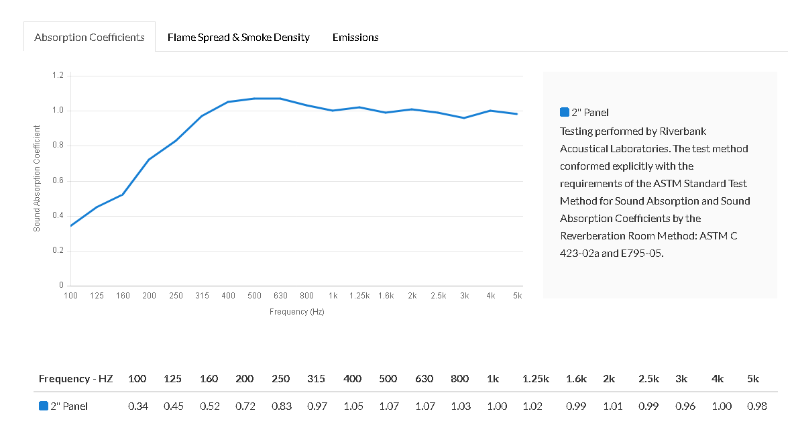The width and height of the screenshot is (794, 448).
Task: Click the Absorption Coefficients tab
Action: (x=89, y=37)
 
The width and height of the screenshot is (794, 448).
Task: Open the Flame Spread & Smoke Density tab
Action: (x=239, y=37)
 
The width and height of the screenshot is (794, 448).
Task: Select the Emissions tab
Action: (x=355, y=37)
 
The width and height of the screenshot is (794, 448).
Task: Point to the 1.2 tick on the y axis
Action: (x=58, y=76)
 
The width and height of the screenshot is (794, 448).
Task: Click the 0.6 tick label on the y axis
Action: (x=58, y=181)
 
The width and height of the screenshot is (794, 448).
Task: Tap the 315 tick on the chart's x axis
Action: (x=202, y=296)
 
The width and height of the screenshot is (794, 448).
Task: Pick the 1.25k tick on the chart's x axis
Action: (x=359, y=296)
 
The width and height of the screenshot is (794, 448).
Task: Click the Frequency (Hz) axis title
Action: (x=296, y=312)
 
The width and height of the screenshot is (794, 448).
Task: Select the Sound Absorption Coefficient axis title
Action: (x=37, y=178)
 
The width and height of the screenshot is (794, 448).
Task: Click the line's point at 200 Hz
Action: (x=149, y=160)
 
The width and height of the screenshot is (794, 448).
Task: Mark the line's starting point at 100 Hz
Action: (x=70, y=226)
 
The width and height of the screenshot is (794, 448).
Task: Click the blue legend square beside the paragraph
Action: (x=564, y=112)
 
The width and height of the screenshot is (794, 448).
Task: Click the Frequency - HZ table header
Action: (x=76, y=378)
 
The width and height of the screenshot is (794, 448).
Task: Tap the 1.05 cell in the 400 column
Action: (x=352, y=406)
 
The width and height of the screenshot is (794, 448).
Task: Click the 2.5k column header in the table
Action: (x=648, y=378)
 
